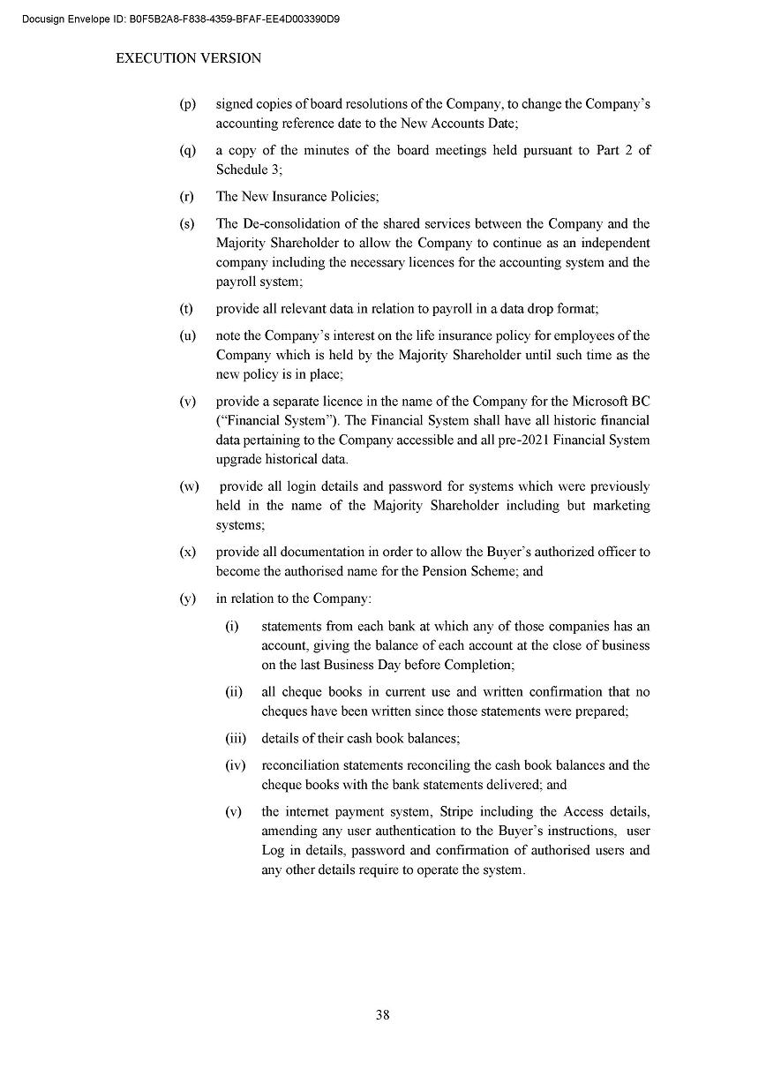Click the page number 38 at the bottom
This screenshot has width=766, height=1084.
coord(382,1015)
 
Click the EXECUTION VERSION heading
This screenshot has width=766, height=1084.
coord(189,58)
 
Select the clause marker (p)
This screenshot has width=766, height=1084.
coord(187,104)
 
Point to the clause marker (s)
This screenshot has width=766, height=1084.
coord(187,223)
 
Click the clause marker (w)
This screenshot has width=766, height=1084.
coord(189,486)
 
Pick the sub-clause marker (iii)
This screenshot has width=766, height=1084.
coord(236,738)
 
